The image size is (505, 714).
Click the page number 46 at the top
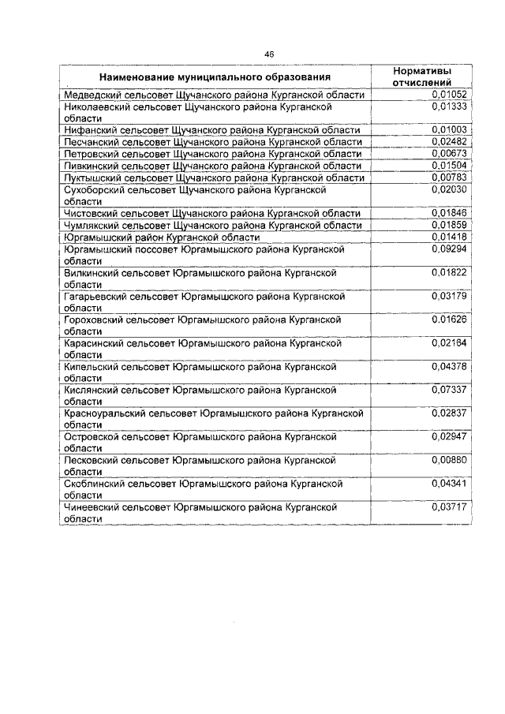click(269, 54)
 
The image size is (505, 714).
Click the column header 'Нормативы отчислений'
click(421, 77)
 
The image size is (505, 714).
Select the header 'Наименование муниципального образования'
click(215, 77)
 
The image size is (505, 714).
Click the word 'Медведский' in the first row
click(91, 95)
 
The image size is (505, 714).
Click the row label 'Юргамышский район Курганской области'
click(161, 237)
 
